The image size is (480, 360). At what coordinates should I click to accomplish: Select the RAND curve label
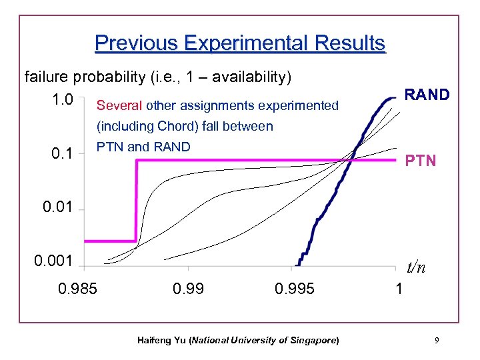click(427, 95)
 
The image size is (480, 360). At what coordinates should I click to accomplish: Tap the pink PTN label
click(421, 161)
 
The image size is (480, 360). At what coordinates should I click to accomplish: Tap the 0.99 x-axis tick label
click(189, 289)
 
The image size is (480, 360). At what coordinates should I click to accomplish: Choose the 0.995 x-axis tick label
click(294, 289)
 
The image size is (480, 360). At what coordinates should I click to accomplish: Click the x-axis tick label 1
click(399, 289)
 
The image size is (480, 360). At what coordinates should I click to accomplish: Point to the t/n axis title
click(416, 267)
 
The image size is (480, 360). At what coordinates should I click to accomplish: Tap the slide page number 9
click(436, 341)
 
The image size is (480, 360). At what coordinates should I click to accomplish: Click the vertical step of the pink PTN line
click(136, 200)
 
